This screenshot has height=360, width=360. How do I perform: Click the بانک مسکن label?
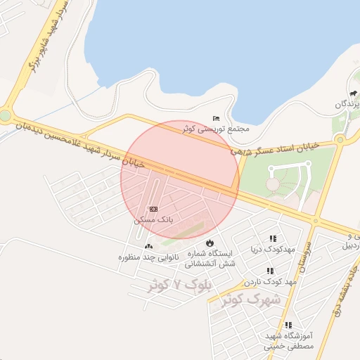point(153,220)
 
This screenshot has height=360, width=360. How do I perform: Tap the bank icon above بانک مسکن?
point(153,210)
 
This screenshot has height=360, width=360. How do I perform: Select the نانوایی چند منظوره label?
point(148,257)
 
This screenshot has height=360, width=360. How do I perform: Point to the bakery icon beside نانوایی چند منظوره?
point(148,247)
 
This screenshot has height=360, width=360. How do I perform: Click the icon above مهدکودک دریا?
point(273,238)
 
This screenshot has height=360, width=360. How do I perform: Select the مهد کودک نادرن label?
point(269,281)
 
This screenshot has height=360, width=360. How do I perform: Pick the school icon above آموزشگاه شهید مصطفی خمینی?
point(288,325)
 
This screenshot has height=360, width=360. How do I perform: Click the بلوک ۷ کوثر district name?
point(179,285)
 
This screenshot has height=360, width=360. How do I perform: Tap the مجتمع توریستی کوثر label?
point(216,129)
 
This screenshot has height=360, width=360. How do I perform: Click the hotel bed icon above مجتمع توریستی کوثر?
point(216,117)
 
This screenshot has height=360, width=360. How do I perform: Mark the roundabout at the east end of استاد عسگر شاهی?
point(340,139)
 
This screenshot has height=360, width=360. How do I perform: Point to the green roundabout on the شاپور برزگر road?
point(4,115)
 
